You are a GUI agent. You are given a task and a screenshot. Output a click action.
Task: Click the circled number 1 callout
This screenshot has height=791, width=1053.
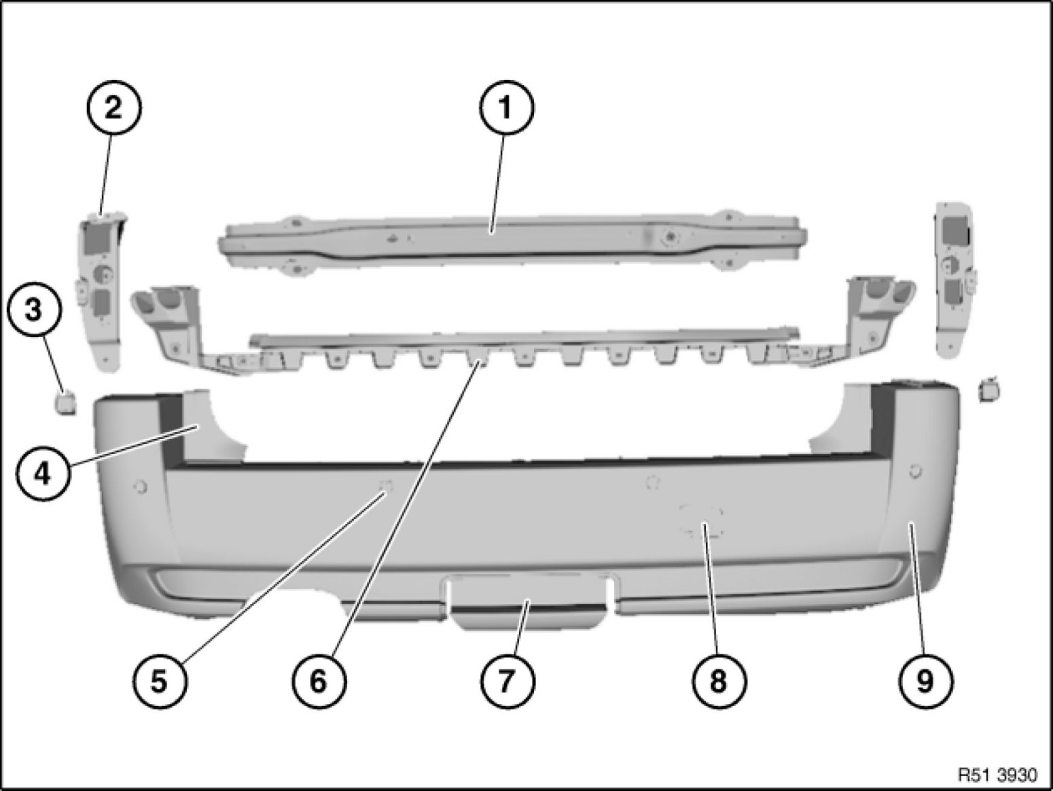[x=506, y=108]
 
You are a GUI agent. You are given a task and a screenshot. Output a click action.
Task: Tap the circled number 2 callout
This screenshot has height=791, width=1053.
[x=113, y=108]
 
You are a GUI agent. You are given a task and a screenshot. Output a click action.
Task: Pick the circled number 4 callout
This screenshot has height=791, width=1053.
[x=43, y=474]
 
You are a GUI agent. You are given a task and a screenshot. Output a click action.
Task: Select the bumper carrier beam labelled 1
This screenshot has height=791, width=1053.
[x=512, y=241]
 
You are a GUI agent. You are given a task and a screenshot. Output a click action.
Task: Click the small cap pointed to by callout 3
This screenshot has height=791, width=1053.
[x=66, y=401]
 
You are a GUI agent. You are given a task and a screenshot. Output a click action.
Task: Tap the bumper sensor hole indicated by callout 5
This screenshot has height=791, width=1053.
[x=386, y=486]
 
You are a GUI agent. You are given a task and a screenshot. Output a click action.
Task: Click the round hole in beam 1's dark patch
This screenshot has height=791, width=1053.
[x=671, y=236]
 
